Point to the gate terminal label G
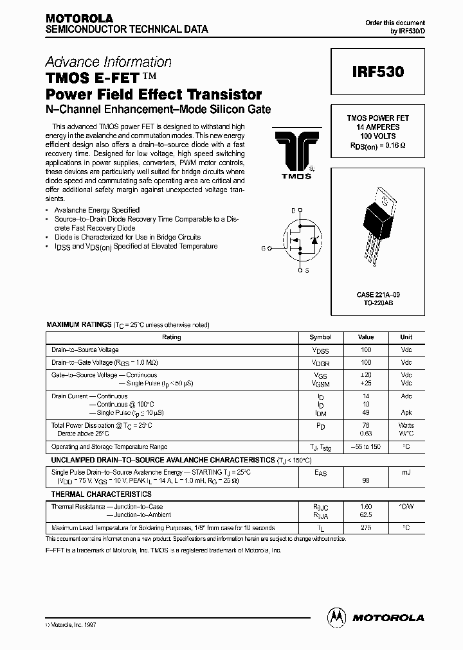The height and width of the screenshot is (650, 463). point(262,247)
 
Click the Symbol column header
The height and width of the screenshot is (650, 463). point(320,337)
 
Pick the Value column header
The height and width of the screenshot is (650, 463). point(365,337)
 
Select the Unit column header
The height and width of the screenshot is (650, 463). point(406,337)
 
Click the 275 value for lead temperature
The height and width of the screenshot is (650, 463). point(365,527)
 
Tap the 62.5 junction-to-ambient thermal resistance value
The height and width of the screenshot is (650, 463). point(365,514)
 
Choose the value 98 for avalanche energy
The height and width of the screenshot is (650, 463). point(365,480)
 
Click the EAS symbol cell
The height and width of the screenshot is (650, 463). point(320,473)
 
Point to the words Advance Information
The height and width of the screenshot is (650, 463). point(108,62)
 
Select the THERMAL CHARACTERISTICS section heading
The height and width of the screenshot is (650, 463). point(102,494)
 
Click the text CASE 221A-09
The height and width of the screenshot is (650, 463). point(378,294)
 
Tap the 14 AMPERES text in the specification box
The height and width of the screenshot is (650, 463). point(378,127)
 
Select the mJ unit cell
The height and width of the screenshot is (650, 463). point(406,472)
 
